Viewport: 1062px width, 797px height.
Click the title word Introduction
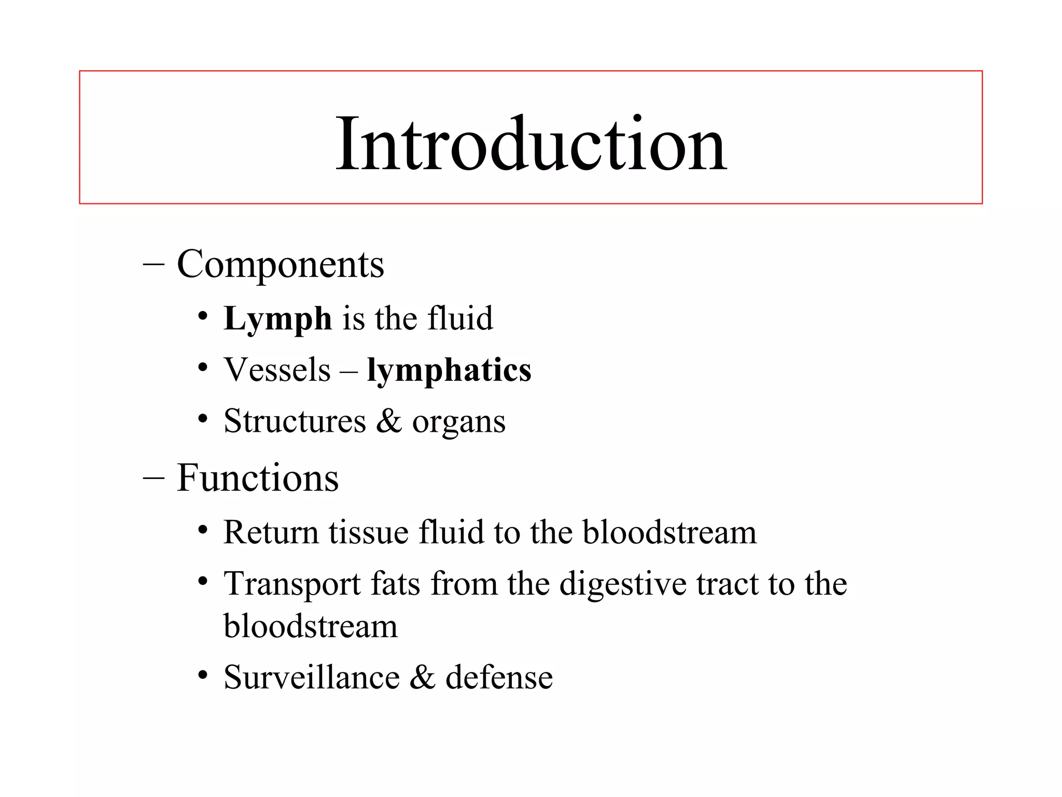(x=531, y=144)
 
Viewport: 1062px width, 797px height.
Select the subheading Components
(x=280, y=265)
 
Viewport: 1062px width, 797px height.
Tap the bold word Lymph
(x=277, y=319)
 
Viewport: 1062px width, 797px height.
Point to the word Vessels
(x=277, y=370)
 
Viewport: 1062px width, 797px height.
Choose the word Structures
(x=295, y=421)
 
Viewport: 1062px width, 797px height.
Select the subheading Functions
(x=257, y=478)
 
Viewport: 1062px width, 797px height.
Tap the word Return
(x=271, y=533)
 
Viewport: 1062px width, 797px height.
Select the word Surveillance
(x=312, y=678)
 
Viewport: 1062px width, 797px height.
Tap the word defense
(x=499, y=678)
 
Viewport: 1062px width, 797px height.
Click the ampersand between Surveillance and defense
(x=423, y=678)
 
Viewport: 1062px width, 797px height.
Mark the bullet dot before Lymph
(x=203, y=317)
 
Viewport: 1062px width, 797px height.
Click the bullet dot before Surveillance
(x=203, y=676)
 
